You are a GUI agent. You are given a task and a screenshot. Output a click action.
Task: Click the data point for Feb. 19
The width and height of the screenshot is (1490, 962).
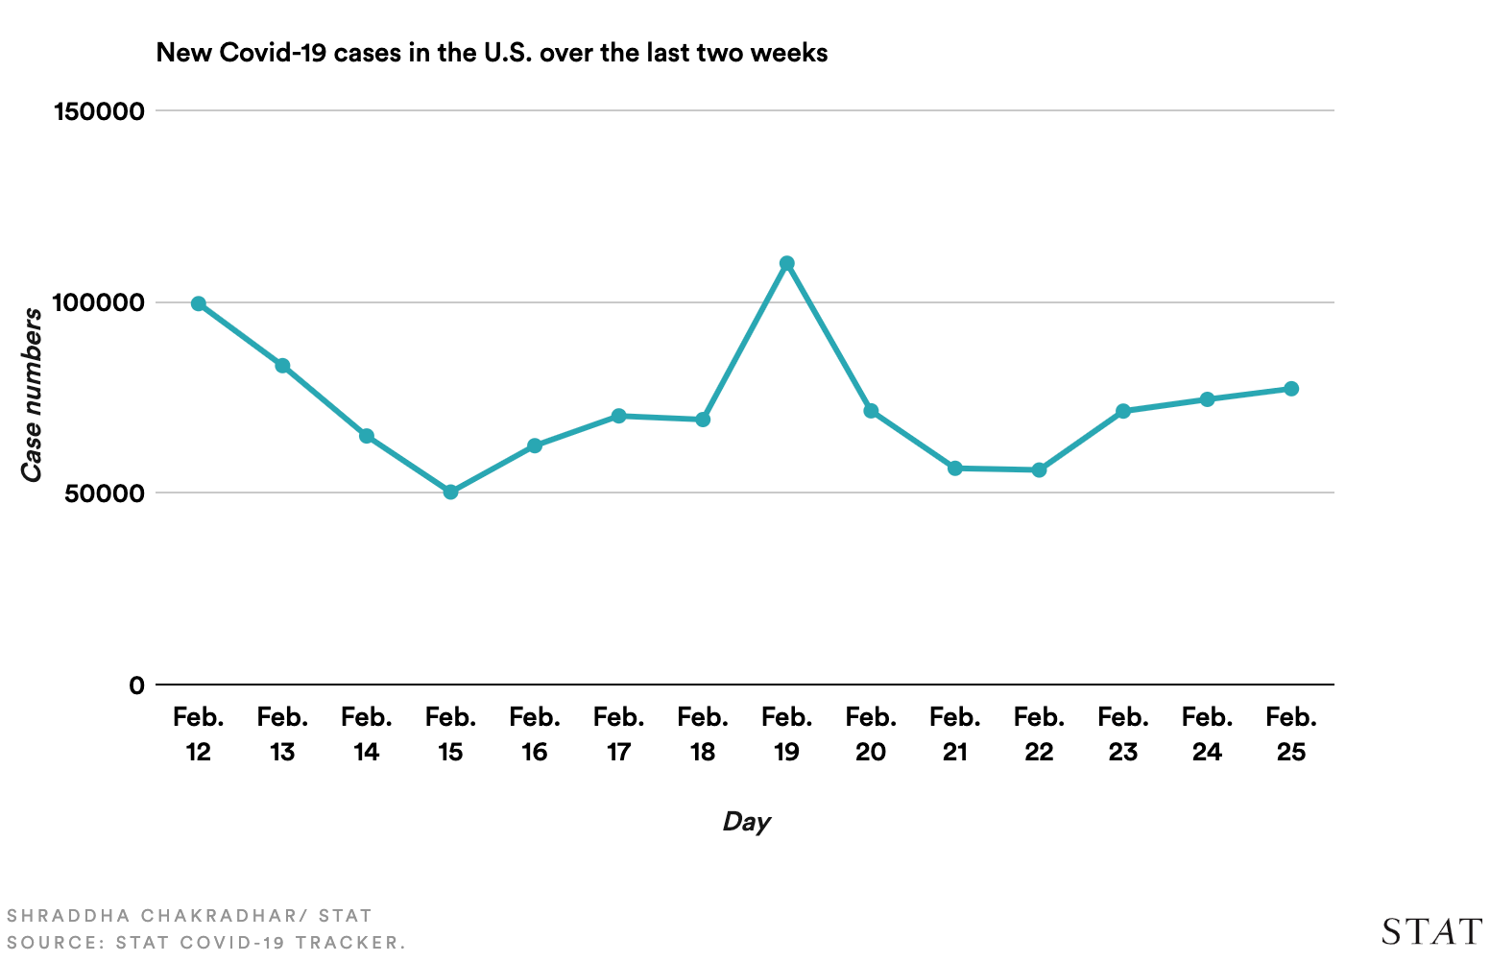(787, 263)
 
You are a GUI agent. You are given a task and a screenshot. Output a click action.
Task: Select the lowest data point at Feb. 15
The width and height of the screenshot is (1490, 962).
(450, 492)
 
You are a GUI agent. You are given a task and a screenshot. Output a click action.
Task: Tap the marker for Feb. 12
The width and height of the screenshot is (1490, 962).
(199, 303)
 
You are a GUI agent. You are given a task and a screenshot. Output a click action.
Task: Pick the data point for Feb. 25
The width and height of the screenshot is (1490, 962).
(1291, 389)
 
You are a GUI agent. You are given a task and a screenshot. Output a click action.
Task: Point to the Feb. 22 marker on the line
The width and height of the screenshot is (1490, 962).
(1039, 470)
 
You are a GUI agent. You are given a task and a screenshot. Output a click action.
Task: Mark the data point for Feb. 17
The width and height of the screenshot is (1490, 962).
(618, 416)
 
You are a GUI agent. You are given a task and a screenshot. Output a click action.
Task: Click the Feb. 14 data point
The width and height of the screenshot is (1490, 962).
(367, 436)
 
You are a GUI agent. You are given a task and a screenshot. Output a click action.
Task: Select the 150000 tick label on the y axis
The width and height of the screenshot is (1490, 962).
(100, 111)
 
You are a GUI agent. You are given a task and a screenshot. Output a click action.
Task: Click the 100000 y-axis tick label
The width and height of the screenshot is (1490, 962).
(100, 303)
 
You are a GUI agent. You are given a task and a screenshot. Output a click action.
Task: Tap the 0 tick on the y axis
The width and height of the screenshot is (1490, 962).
(136, 685)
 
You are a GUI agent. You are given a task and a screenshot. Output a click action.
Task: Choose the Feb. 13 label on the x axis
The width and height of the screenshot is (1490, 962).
(282, 734)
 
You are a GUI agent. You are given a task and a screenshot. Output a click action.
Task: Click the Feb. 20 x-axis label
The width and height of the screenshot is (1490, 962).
(871, 734)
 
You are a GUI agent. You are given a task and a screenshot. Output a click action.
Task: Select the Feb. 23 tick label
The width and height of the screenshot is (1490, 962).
(1123, 734)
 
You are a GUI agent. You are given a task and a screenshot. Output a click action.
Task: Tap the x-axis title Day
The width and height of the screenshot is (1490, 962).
(746, 822)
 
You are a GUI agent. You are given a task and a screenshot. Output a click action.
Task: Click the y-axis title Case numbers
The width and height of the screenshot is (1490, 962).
(33, 395)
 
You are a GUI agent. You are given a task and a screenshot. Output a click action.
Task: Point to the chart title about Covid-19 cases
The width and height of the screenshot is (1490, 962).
(492, 53)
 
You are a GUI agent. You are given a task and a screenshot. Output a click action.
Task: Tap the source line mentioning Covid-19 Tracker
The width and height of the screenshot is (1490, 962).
(206, 943)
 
